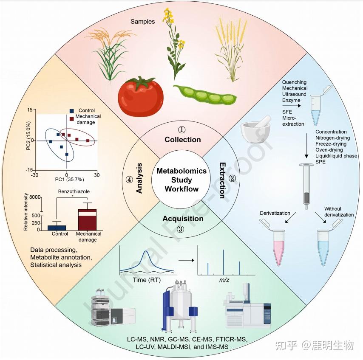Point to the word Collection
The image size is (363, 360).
[183, 139]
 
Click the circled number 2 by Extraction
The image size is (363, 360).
[232, 178]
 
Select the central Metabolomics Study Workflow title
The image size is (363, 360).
[181, 180]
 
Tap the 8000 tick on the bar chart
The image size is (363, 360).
[35, 197]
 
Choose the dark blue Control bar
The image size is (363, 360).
[60, 227]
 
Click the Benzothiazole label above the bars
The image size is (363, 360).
[73, 191]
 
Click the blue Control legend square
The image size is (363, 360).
[71, 110]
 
